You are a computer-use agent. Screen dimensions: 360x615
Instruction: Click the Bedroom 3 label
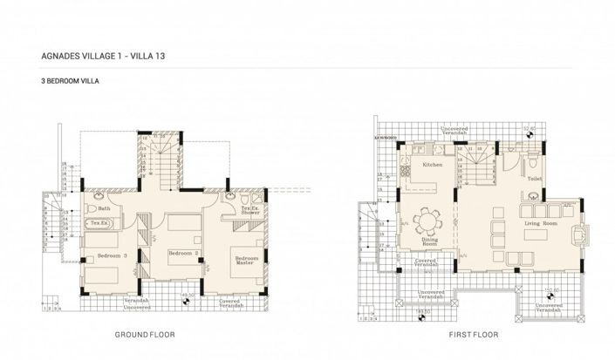click(x=112, y=255)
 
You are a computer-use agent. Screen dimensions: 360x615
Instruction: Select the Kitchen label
click(x=433, y=164)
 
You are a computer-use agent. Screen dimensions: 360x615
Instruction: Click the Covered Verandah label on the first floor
click(x=425, y=262)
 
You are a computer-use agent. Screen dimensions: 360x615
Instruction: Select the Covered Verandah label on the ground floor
click(x=230, y=303)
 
